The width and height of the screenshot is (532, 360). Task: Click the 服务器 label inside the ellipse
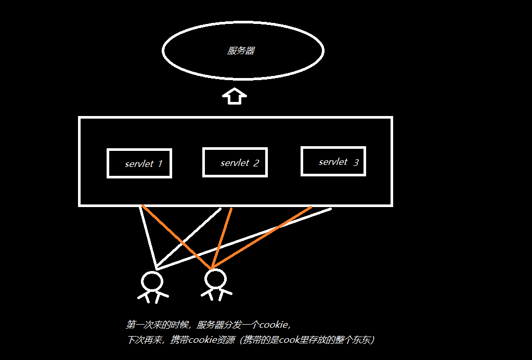(241, 51)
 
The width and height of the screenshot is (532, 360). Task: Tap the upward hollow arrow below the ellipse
(235, 96)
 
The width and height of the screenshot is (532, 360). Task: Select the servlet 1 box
(139, 163)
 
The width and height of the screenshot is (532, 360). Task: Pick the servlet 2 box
(235, 162)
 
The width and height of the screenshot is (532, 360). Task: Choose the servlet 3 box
(333, 161)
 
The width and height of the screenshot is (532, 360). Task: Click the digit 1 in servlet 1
(160, 164)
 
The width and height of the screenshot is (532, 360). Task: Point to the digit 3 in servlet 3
(356, 162)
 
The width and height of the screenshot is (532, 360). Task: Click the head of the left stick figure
(152, 281)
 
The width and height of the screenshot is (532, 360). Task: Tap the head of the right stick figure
(215, 279)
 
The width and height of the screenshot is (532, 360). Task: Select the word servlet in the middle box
(235, 163)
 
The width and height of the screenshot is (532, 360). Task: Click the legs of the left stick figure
(152, 298)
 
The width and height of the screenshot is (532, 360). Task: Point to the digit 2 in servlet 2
(256, 163)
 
